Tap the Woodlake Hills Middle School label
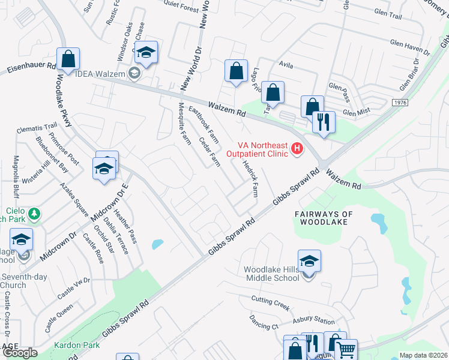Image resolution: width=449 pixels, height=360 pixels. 271,274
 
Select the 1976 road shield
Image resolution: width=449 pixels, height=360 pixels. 402,103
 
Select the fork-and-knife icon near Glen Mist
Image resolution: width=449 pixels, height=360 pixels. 324,122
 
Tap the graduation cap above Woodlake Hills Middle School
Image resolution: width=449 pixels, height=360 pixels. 309,262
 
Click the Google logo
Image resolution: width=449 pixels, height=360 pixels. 20,353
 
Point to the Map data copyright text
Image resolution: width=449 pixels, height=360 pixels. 423,356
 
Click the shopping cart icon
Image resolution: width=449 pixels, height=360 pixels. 346,350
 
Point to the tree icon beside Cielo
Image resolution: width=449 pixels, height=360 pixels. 34,214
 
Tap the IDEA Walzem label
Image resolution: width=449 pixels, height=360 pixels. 100,74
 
